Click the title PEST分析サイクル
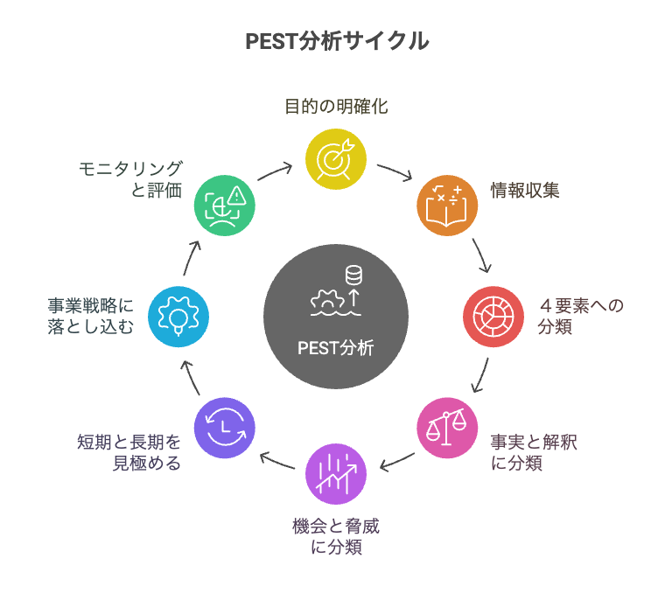(337, 40)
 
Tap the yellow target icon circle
(336, 159)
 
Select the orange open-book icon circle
(447, 206)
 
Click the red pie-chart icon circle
(493, 317)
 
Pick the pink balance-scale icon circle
(447, 428)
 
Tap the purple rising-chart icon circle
(336, 474)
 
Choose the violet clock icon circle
(225, 428)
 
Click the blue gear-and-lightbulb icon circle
(178, 317)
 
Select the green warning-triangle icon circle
(225, 206)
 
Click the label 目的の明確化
(336, 106)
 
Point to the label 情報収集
(525, 191)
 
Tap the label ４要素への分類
(580, 317)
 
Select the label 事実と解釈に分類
(534, 452)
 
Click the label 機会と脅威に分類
(336, 536)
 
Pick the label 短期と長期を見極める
(129, 452)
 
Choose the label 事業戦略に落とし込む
(90, 317)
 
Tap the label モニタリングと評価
(130, 179)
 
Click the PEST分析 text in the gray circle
(336, 348)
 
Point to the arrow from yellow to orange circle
(395, 171)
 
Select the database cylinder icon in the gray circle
(353, 276)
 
